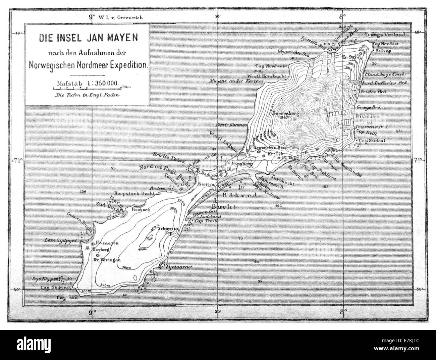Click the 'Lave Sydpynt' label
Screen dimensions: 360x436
pyautogui.click(x=63, y=241)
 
